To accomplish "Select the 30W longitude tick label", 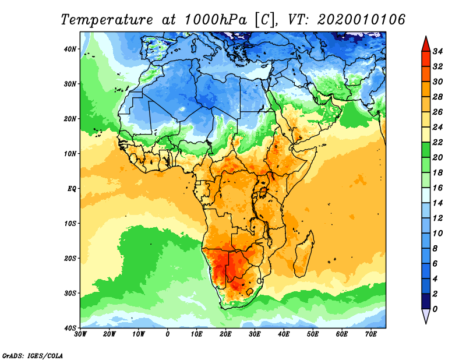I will tap(81, 334).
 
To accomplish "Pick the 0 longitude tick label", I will tap(168, 334).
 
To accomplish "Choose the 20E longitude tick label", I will tap(226, 334).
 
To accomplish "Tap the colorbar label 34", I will tap(439, 51).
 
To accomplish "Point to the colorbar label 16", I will tap(439, 189).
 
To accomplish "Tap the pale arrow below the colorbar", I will tap(426, 316).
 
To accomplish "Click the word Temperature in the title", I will tap(105, 19).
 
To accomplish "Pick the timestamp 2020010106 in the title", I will tap(361, 19).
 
